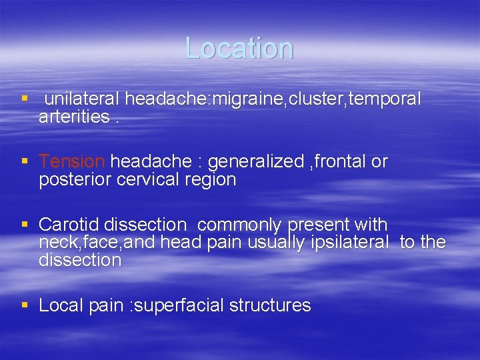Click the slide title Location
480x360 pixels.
coord(239,48)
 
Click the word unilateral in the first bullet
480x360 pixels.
coord(82,99)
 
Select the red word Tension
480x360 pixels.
coord(72,161)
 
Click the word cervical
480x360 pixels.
coord(141,179)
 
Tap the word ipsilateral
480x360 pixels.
coord(349,242)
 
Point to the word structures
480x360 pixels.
coord(270,305)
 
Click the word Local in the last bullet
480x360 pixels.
coord(59,305)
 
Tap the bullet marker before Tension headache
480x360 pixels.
coord(25,161)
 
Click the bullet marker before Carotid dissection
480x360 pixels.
coord(25,225)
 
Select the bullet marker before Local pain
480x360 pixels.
coord(25,305)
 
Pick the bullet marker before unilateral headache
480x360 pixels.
coord(25,99)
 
